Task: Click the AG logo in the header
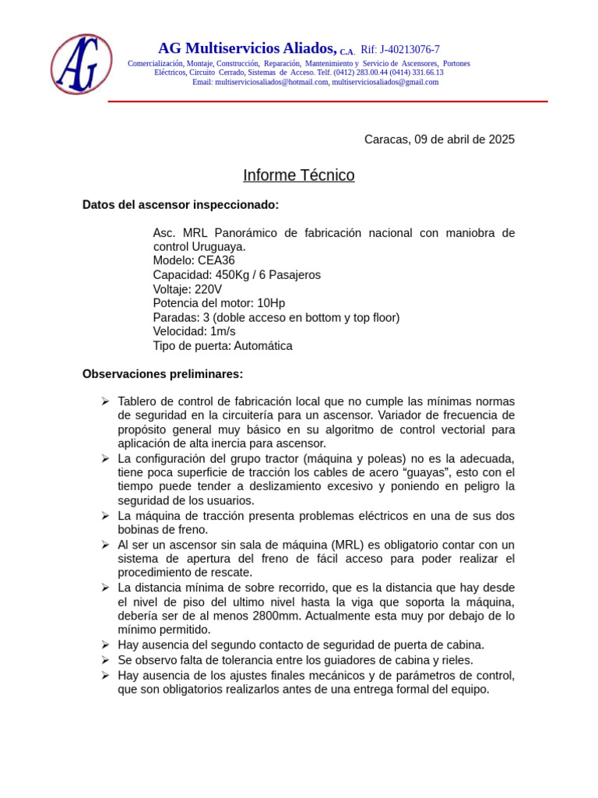point(81,64)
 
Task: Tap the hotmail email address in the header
point(272,82)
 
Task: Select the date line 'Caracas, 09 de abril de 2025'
point(439,139)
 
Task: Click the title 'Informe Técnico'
point(298,175)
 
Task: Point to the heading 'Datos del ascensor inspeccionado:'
point(181,205)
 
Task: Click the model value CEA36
point(216,260)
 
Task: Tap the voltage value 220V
point(208,289)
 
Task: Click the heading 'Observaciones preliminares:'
point(163,374)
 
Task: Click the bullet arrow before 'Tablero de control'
point(105,401)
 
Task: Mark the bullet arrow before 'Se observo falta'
point(105,660)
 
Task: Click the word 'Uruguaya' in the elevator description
point(220,246)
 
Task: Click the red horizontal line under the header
point(327,101)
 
